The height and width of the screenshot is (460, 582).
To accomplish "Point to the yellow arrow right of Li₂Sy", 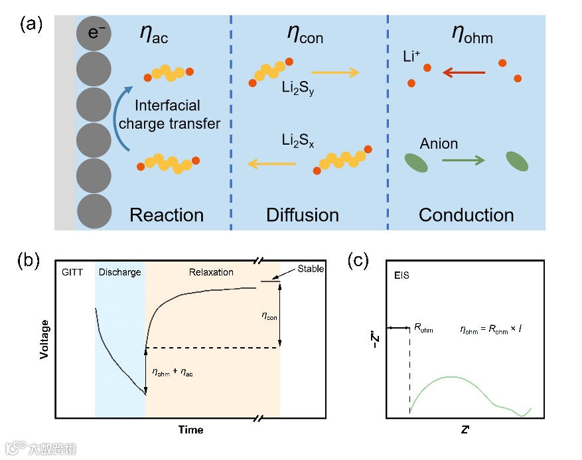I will click(334, 72).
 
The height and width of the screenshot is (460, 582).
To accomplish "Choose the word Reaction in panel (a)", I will click(167, 215).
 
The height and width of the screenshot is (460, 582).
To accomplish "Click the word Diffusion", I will click(302, 215).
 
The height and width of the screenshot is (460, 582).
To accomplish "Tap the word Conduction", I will click(466, 215).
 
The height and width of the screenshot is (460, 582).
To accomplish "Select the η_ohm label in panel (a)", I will click(472, 34).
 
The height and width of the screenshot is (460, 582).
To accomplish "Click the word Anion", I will click(439, 143).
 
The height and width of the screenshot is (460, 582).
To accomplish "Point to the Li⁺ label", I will click(411, 56).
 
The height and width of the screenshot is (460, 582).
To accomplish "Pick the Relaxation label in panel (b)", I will click(212, 272).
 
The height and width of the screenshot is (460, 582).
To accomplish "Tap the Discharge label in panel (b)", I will click(119, 272).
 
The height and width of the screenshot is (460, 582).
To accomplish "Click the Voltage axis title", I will click(44, 339).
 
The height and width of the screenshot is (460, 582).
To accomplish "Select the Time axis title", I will click(190, 429).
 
